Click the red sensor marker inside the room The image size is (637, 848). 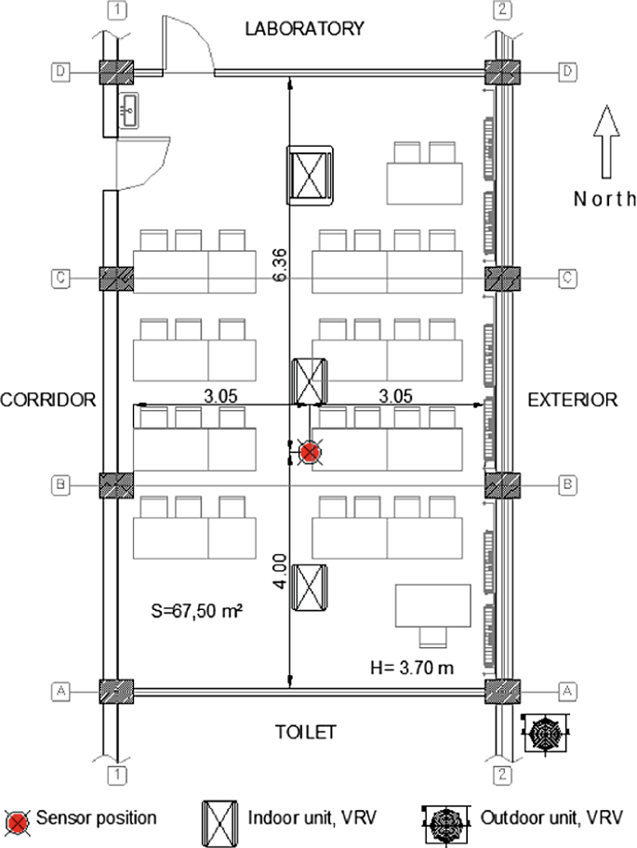pyautogui.click(x=310, y=452)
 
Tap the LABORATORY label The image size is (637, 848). pyautogui.click(x=305, y=29)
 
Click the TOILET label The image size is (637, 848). pyautogui.click(x=306, y=733)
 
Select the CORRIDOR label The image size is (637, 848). pyautogui.click(x=47, y=400)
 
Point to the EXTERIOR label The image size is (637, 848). pyautogui.click(x=573, y=400)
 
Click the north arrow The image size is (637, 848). pyautogui.click(x=606, y=141)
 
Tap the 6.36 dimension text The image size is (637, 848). pyautogui.click(x=281, y=265)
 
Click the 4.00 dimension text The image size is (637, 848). pyautogui.click(x=280, y=571)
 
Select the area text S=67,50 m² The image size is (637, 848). pyautogui.click(x=197, y=611)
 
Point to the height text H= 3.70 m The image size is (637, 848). pyautogui.click(x=412, y=668)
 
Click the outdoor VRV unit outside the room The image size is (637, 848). pyautogui.click(x=546, y=733)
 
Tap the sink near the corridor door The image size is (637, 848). pyautogui.click(x=128, y=111)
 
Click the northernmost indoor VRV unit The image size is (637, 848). pyautogui.click(x=310, y=175)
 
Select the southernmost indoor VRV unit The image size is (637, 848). pyautogui.click(x=310, y=588)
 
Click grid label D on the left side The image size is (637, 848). pyautogui.click(x=60, y=72)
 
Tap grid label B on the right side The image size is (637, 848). pyautogui.click(x=567, y=484)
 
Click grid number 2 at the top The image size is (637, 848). pyautogui.click(x=502, y=9)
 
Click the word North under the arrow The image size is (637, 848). pyautogui.click(x=604, y=199)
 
